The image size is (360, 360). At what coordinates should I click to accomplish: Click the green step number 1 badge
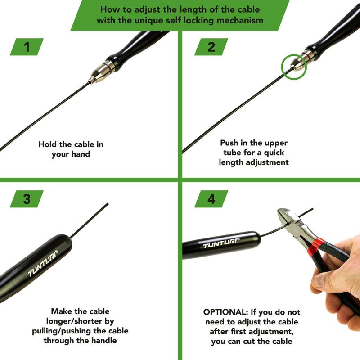click(x=27, y=47)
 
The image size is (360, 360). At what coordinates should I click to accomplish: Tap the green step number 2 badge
click(x=211, y=47)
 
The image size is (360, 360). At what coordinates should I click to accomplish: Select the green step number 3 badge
click(x=27, y=199)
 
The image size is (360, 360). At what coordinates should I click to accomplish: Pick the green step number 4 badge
click(x=211, y=199)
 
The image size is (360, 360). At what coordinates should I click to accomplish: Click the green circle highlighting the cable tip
click(x=294, y=67)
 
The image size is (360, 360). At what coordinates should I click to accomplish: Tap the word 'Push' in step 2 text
click(x=229, y=143)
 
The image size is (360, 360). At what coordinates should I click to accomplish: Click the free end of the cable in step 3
click(x=107, y=205)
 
